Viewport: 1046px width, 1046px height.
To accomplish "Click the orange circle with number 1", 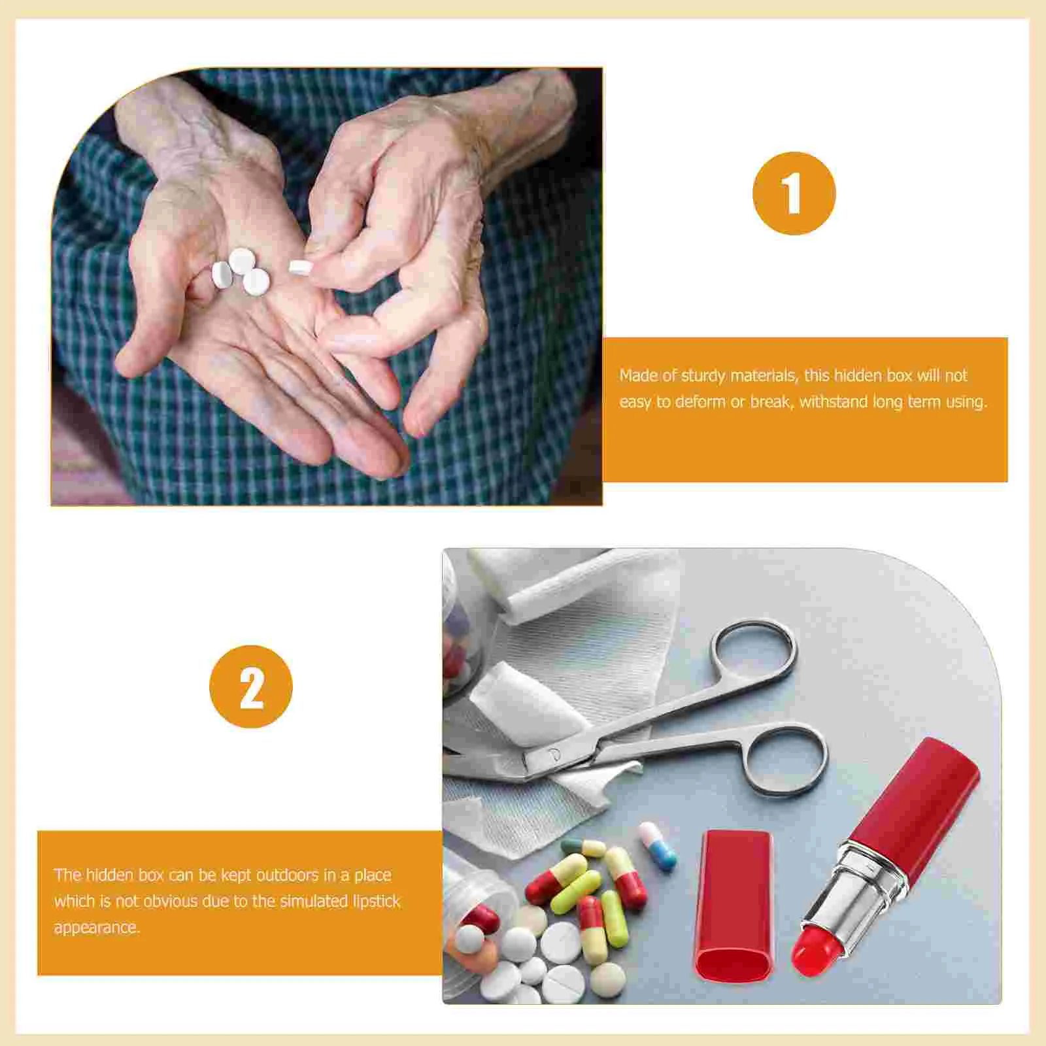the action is pos(794,194).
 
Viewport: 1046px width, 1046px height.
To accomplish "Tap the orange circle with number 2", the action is pos(251,686).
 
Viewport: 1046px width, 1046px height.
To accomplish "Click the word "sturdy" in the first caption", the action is pos(703,376).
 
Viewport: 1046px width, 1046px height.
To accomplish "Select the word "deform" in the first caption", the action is pos(700,401).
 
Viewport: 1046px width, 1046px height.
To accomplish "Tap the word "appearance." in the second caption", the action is pos(97,928).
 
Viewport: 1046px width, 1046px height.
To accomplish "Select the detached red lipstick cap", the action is pos(734,905).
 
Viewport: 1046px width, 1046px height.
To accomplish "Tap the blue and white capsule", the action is pos(658,846).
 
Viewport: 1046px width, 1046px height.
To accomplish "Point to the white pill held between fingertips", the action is pos(299,267).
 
